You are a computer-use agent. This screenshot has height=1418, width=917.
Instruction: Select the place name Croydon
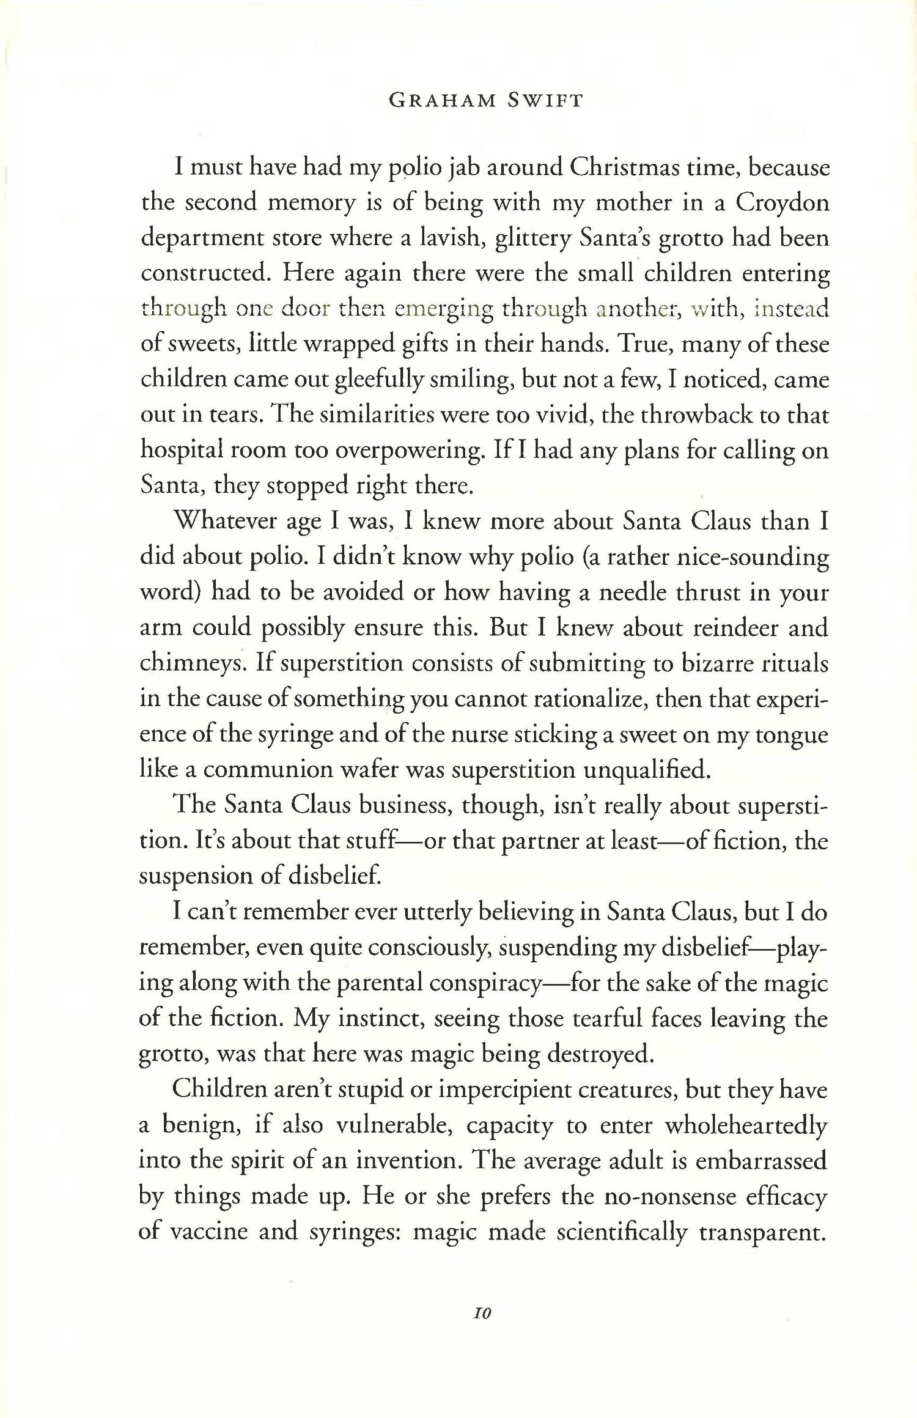pyautogui.click(x=782, y=203)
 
